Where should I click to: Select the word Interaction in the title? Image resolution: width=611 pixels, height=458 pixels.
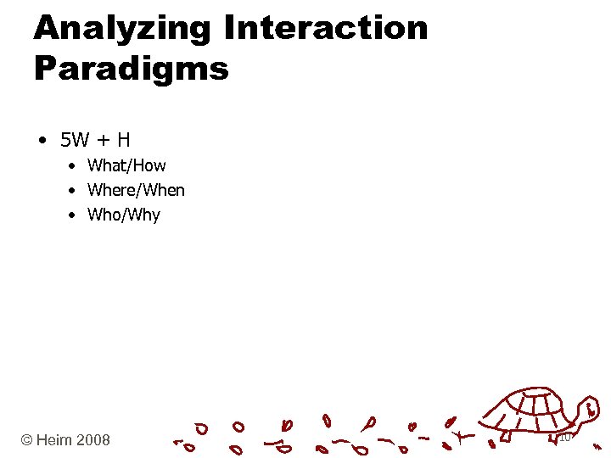pyautogui.click(x=326, y=28)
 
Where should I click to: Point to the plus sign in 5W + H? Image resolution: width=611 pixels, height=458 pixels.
pyautogui.click(x=102, y=139)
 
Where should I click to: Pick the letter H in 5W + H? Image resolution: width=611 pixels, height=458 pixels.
pyautogui.click(x=123, y=138)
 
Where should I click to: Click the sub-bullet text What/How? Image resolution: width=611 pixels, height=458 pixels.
pyautogui.click(x=126, y=165)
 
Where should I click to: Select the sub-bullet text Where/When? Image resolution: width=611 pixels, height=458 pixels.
pyautogui.click(x=136, y=190)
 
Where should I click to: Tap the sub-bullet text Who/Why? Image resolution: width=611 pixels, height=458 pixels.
pyautogui.click(x=123, y=215)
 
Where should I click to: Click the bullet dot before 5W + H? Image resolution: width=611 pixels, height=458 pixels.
pyautogui.click(x=42, y=139)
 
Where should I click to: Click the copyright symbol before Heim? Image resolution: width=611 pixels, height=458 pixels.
pyautogui.click(x=27, y=439)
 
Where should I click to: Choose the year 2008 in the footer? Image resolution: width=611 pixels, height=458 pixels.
pyautogui.click(x=93, y=439)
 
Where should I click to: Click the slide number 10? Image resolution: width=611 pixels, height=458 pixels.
pyautogui.click(x=564, y=438)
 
